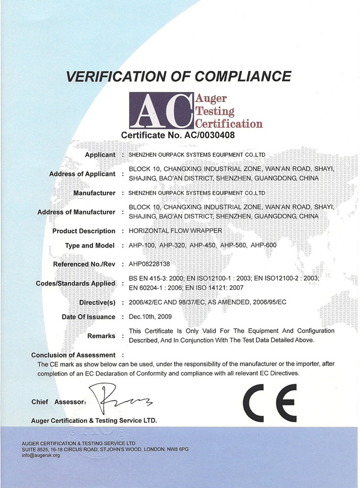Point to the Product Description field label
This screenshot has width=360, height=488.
pos(84,231)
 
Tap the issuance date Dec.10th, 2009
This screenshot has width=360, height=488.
pos(150,317)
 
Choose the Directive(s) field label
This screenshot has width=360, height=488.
pos(97,303)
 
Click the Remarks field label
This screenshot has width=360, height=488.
pos(101,336)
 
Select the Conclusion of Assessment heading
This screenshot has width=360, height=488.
pos(73,355)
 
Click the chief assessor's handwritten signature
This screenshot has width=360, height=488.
pos(121,400)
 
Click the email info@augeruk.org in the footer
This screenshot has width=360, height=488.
pos(41,455)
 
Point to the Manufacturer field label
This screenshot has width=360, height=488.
pos(94,193)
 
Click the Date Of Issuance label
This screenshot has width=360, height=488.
pos(88,317)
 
